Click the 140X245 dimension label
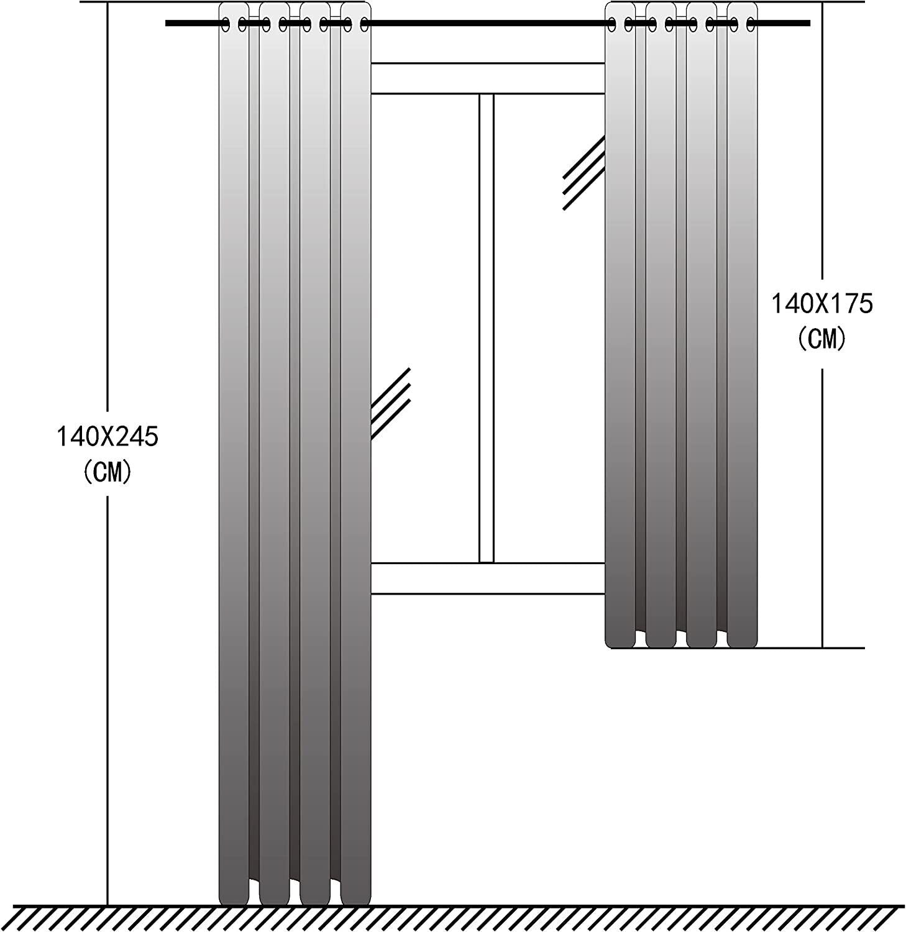click(108, 437)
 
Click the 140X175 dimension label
click(822, 304)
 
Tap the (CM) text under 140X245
click(108, 472)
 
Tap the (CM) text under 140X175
click(822, 339)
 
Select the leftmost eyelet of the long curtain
click(226, 24)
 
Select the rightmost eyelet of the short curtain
click(751, 24)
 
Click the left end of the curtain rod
click(167, 24)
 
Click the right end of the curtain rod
click(810, 24)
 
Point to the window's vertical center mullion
click(487, 328)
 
